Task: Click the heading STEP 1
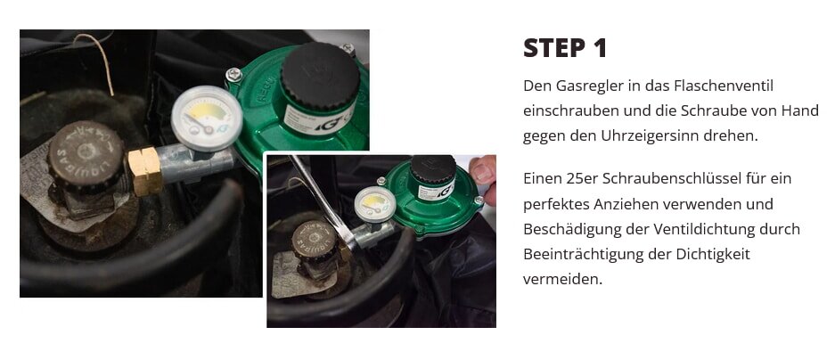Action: coord(565,48)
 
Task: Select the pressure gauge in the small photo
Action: coord(370,203)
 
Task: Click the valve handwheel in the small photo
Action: coord(314,238)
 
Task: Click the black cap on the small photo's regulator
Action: coord(433,168)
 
